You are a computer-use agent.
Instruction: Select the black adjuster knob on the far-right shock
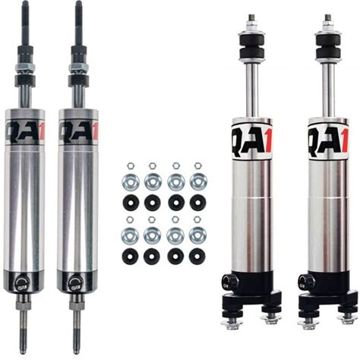pos(303,281)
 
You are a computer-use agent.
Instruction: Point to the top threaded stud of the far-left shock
pos(25,23)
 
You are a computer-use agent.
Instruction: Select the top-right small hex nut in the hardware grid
pos(197,166)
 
